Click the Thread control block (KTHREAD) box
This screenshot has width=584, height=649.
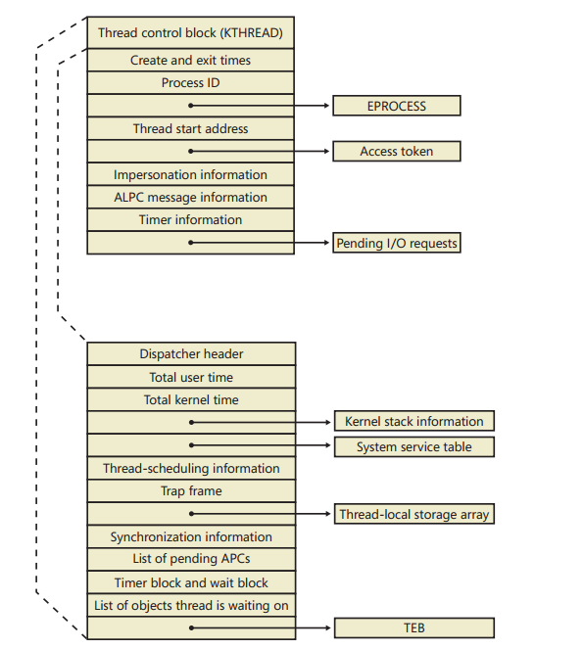pyautogui.click(x=190, y=32)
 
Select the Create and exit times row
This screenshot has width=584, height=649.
pyautogui.click(x=190, y=60)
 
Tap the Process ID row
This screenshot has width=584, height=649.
pyautogui.click(x=190, y=83)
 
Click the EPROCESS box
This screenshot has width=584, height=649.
pyautogui.click(x=397, y=106)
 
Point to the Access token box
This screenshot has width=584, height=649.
pyautogui.click(x=397, y=152)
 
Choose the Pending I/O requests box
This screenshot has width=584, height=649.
pyautogui.click(x=397, y=243)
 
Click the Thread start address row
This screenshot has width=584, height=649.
pyautogui.click(x=190, y=129)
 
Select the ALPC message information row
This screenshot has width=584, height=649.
pyautogui.click(x=190, y=197)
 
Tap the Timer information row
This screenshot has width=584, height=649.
pyautogui.click(x=190, y=220)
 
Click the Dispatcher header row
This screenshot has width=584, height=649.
pyautogui.click(x=191, y=354)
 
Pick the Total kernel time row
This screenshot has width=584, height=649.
pyautogui.click(x=191, y=399)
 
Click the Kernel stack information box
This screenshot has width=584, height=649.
pyautogui.click(x=414, y=421)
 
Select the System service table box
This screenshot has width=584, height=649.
pyautogui.click(x=414, y=447)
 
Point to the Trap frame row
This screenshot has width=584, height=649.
pyautogui.click(x=191, y=490)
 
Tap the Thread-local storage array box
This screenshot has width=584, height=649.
pyautogui.click(x=414, y=514)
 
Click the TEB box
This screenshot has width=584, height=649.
pyautogui.click(x=414, y=627)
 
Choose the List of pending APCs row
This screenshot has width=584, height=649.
pyautogui.click(x=191, y=559)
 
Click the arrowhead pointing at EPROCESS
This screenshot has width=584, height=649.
pyautogui.click(x=326, y=106)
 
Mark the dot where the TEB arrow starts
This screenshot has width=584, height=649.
pyautogui.click(x=191, y=627)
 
